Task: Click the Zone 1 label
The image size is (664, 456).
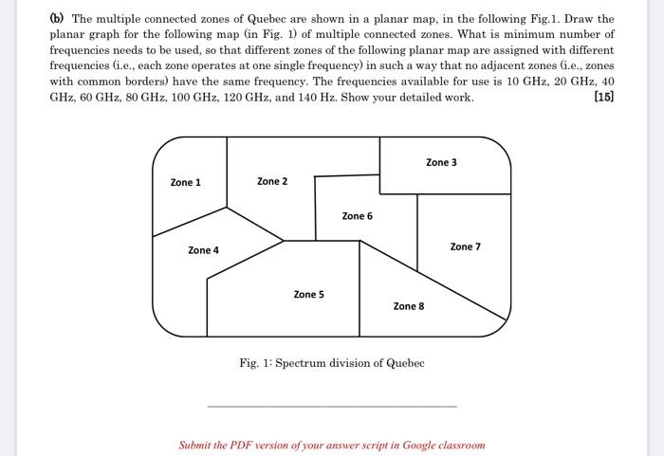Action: coord(185,183)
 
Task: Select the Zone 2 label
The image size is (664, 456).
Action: coord(271,181)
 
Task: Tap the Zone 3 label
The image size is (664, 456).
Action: coord(441,162)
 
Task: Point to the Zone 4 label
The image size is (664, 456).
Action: coord(203,250)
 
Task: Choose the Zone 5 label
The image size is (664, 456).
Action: coord(308,295)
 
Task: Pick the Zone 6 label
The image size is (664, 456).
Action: coord(357,216)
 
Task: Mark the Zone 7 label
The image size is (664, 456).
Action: coord(465,246)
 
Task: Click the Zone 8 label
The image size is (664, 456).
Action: coord(409,306)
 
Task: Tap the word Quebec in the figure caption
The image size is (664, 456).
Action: coord(405,363)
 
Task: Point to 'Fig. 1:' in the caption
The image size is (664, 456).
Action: coord(255,363)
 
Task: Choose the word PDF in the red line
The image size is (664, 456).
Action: coord(250,445)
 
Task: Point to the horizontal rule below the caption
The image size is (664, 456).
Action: coord(331,406)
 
